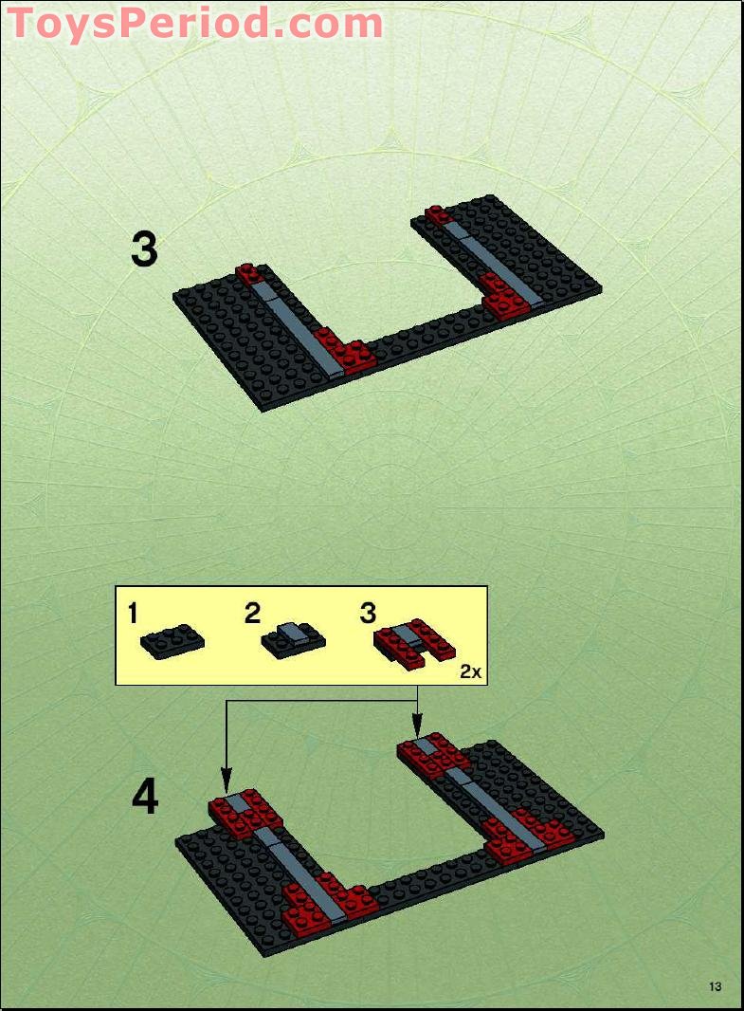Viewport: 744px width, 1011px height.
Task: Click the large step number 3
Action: coord(144,250)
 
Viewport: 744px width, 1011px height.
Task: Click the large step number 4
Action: coord(144,799)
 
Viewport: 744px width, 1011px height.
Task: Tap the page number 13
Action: coord(715,987)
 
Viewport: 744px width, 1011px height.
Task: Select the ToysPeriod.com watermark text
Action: coord(195,23)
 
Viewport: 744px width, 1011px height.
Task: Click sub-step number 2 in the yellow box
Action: coord(252,614)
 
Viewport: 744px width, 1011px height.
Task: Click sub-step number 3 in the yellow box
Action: coord(368,614)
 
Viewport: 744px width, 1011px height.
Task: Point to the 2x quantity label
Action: coord(471,671)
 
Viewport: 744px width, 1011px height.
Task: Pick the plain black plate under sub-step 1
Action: coord(172,641)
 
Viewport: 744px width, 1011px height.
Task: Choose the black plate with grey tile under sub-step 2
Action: coord(294,639)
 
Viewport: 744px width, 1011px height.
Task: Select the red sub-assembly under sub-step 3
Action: coord(415,641)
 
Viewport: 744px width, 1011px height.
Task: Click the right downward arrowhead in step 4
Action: coord(418,726)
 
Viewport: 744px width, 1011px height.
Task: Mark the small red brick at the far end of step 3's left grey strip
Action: coord(248,274)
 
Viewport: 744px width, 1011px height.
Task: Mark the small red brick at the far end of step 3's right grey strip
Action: coord(438,215)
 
